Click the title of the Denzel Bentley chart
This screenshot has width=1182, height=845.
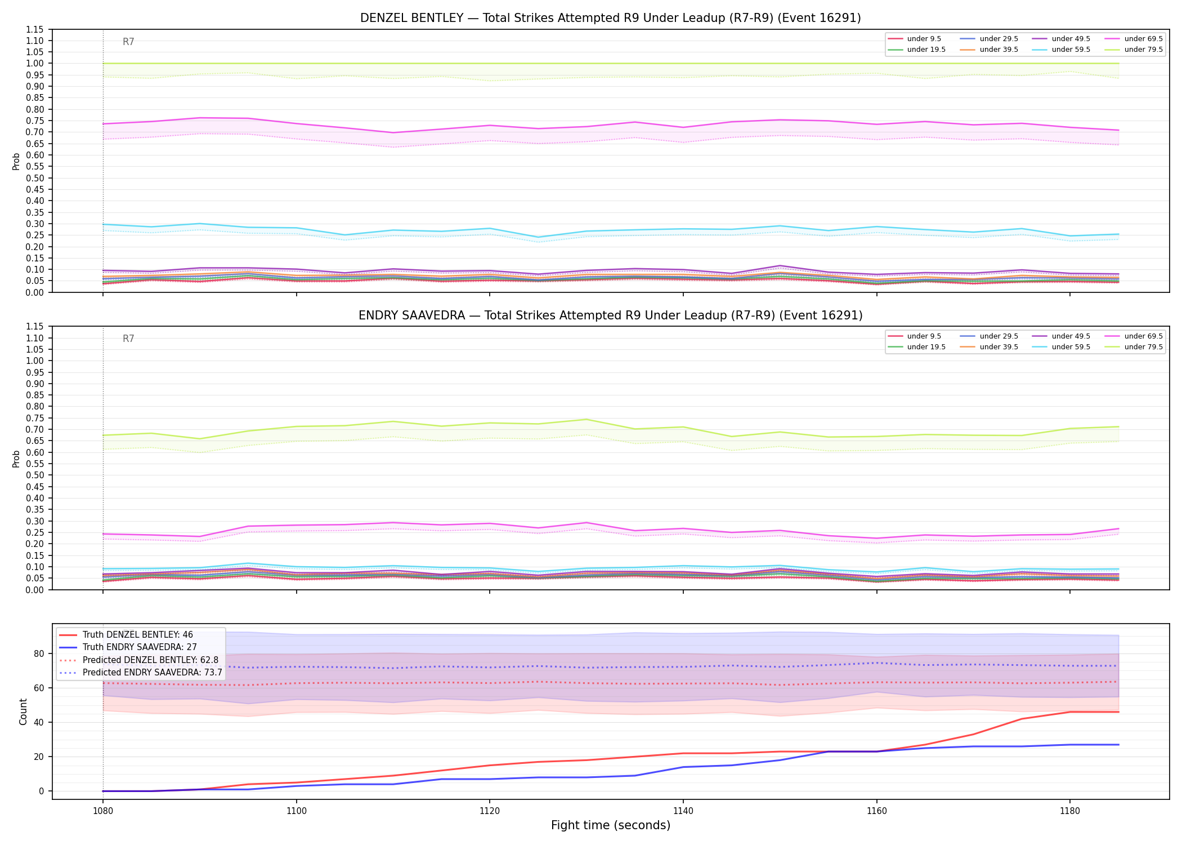611,18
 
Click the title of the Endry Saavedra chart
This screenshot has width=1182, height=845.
611,315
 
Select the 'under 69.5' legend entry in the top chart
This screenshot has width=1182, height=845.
1135,39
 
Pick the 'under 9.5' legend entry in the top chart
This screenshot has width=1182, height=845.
915,39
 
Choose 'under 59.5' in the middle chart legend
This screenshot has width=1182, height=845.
1062,347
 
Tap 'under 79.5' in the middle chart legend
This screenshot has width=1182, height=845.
1135,347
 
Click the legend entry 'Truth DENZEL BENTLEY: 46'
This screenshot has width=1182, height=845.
126,635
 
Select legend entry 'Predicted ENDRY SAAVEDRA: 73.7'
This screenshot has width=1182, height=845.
141,672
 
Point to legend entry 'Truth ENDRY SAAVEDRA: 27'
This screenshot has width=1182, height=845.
128,647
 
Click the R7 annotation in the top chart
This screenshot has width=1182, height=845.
128,42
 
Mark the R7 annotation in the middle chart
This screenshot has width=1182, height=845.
128,339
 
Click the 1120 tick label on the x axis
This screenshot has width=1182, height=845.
490,811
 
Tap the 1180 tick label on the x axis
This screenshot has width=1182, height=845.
1070,811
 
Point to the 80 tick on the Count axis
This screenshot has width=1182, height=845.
39,653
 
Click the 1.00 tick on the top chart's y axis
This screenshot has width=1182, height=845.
35,64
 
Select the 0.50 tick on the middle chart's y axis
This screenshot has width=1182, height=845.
35,475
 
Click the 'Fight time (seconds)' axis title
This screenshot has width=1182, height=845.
611,825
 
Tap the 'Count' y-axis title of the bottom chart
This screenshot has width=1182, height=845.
23,711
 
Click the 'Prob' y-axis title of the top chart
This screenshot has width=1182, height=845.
16,161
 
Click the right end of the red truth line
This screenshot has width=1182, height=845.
1118,712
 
